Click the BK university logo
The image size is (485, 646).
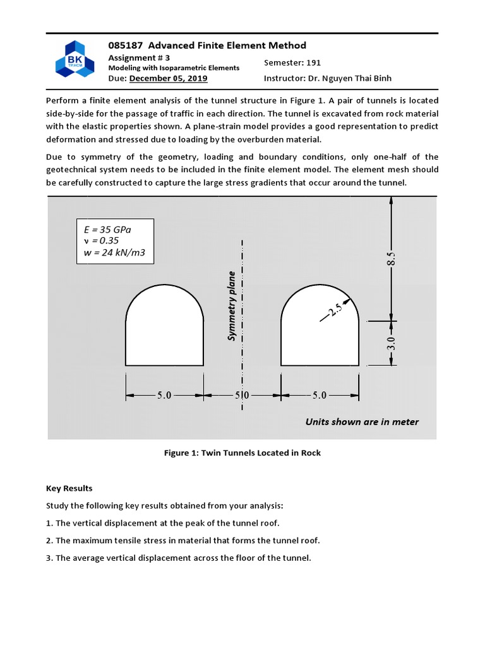coord(75,59)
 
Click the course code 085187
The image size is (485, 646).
coord(125,45)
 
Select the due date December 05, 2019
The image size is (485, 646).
coord(168,78)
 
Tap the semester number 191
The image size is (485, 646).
coord(314,62)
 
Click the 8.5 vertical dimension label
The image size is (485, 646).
coord(392,259)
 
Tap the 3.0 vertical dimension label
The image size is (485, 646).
coord(392,344)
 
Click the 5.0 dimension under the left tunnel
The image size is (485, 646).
coord(164,396)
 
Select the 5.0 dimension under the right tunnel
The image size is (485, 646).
coord(320,396)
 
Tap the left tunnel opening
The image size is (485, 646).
coord(164,328)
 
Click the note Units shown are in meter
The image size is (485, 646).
coord(362,422)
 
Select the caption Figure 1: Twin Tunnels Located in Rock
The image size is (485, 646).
coord(242,453)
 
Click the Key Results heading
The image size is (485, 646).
coord(69,488)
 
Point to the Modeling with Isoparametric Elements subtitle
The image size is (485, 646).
coord(174,68)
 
